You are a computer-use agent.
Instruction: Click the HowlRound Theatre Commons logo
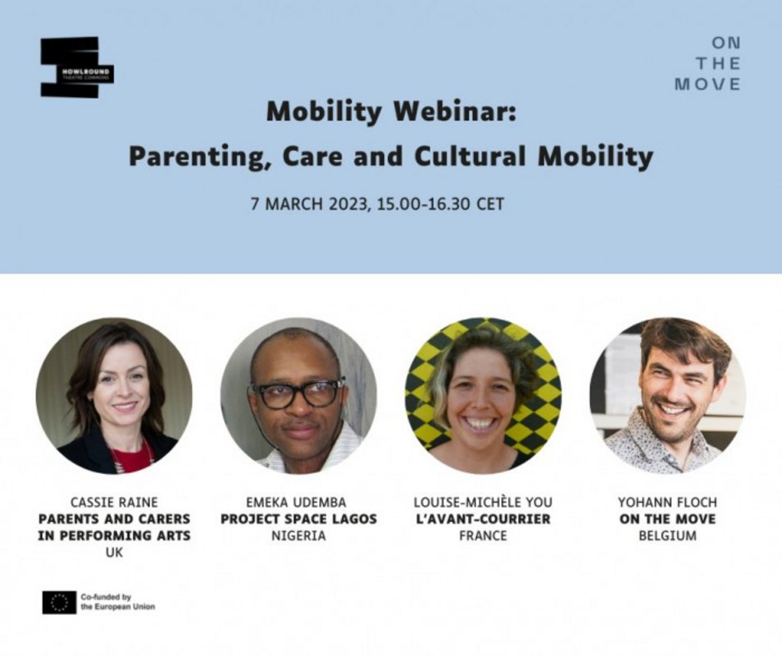(x=77, y=67)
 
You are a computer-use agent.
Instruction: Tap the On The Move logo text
(x=707, y=64)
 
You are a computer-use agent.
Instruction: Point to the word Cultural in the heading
(x=470, y=156)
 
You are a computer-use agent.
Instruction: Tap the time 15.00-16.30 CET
(x=441, y=204)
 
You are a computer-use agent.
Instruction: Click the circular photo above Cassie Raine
(x=114, y=395)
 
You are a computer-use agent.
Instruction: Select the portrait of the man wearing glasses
(x=298, y=395)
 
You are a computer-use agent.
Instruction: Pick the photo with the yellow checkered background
(x=483, y=395)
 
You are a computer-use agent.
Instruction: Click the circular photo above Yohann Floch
(x=667, y=395)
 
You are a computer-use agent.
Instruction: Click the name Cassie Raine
(x=114, y=503)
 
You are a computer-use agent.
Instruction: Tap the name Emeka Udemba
(x=296, y=503)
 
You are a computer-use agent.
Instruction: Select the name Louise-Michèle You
(x=483, y=503)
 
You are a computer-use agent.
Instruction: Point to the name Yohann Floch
(x=667, y=503)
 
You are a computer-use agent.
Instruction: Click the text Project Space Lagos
(x=298, y=519)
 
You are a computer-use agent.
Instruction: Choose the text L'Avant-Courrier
(x=483, y=519)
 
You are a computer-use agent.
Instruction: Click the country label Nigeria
(x=298, y=536)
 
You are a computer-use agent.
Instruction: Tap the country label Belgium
(x=667, y=536)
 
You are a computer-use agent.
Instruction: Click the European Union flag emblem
(x=59, y=603)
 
